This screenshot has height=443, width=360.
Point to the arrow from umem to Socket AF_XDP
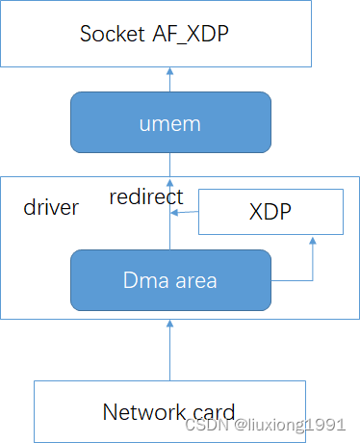[x=170, y=79]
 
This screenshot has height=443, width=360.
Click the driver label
[x=50, y=207]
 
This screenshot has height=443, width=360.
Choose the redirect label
[x=145, y=197]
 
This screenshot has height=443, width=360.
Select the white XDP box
[x=270, y=211]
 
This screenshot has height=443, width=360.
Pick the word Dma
[x=141, y=282]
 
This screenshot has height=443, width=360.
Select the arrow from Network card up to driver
[x=170, y=349]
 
